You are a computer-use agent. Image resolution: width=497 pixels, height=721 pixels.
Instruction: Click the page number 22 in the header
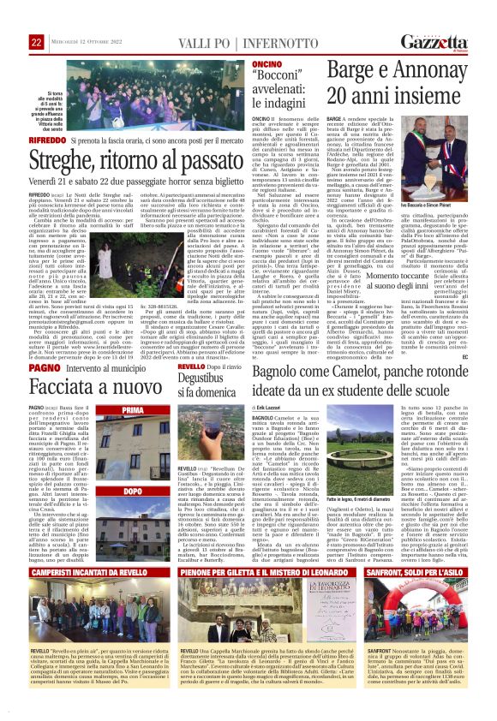coord(36,41)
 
